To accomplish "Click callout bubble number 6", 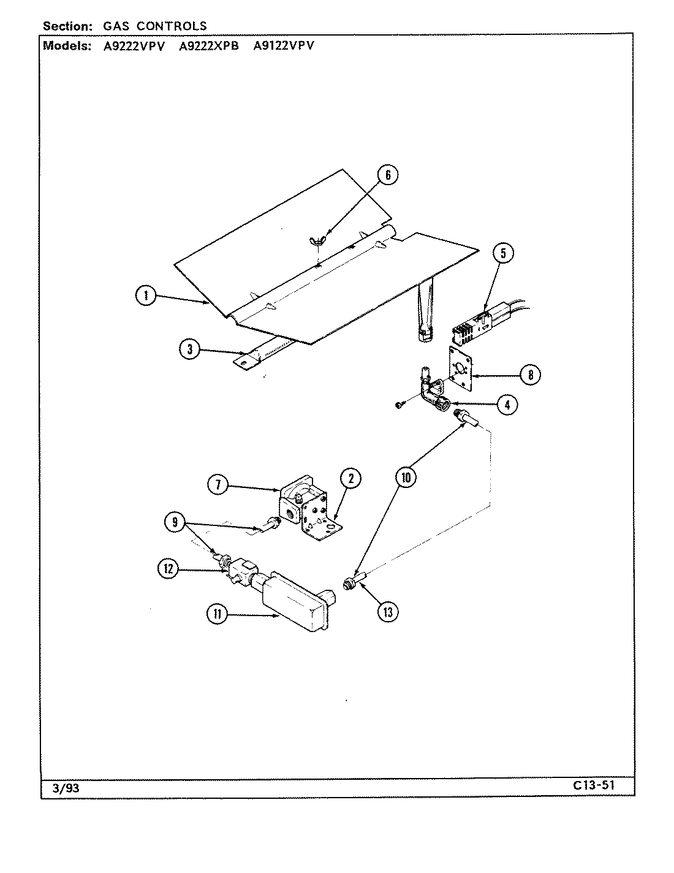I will click(x=387, y=175).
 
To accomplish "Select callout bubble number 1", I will click(x=146, y=296).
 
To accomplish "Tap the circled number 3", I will click(x=190, y=349).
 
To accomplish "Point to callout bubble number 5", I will click(x=502, y=253).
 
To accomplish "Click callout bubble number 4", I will click(x=506, y=405).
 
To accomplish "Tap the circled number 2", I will click(x=350, y=479).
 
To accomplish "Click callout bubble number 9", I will click(x=175, y=523).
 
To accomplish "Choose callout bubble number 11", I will click(x=217, y=614).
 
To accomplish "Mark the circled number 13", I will click(x=387, y=611).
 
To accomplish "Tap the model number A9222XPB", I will click(x=208, y=45).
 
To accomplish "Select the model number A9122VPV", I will click(x=283, y=45).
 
